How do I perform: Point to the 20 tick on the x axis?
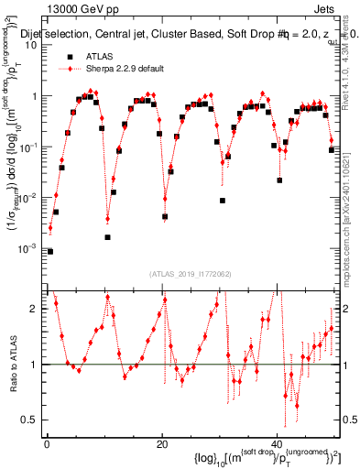click(x=162, y=446)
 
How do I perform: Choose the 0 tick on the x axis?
click(x=46, y=446)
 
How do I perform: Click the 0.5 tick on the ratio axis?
click(x=33, y=420)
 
